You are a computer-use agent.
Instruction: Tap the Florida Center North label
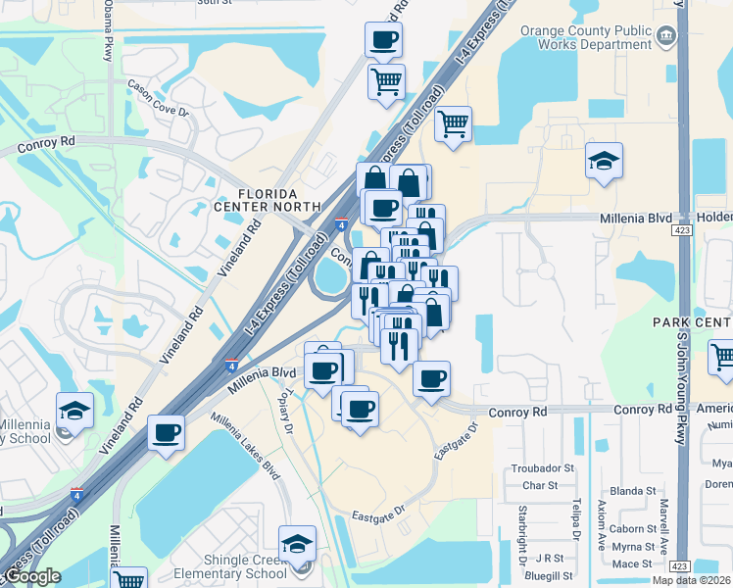point(268,199)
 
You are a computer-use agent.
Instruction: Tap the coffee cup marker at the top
point(383,41)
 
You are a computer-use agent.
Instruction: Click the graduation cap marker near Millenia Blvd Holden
point(604,160)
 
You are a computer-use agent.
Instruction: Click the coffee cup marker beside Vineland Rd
point(167,431)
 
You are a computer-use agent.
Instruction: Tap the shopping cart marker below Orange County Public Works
point(453,124)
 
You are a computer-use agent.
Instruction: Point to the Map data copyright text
point(691,580)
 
